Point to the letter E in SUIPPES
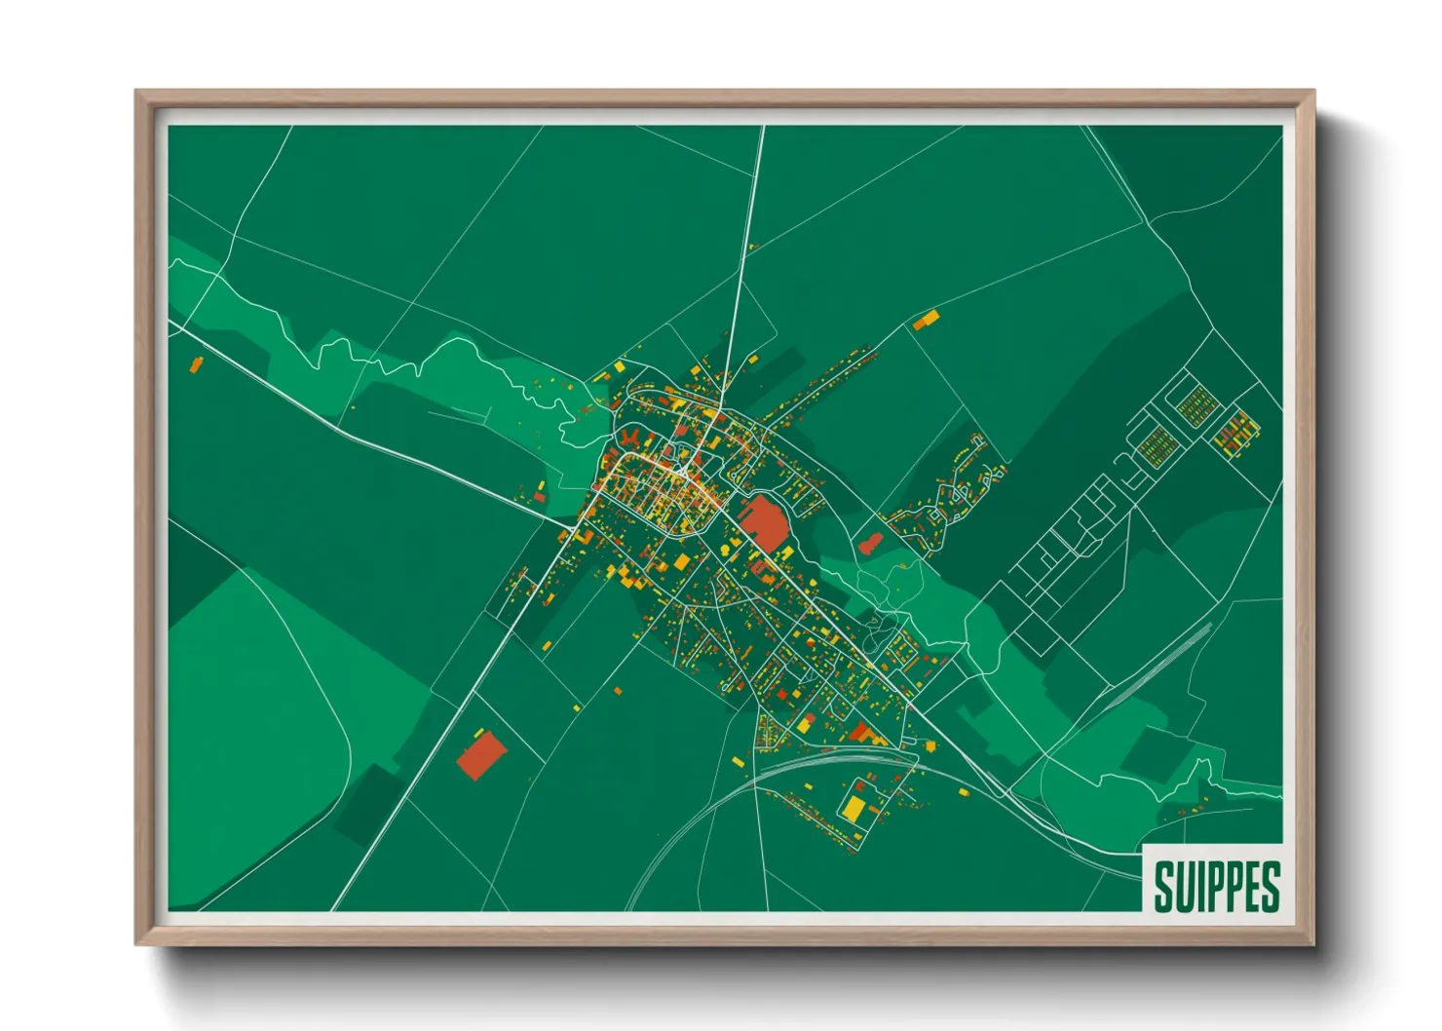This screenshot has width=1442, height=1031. click(x=1251, y=886)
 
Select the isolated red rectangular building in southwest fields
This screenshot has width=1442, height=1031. click(x=482, y=755)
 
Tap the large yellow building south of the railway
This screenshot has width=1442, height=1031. click(x=854, y=808)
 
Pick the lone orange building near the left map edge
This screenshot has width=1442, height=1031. click(x=196, y=364)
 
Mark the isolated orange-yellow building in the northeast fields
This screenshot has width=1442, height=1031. click(x=926, y=319)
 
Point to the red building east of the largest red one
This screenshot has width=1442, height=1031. click(x=869, y=544)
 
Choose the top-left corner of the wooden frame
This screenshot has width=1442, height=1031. click(x=138, y=94)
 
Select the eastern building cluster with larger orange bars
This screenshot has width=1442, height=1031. click(x=1235, y=433)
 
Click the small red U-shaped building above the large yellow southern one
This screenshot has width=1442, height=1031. click(x=863, y=783)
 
